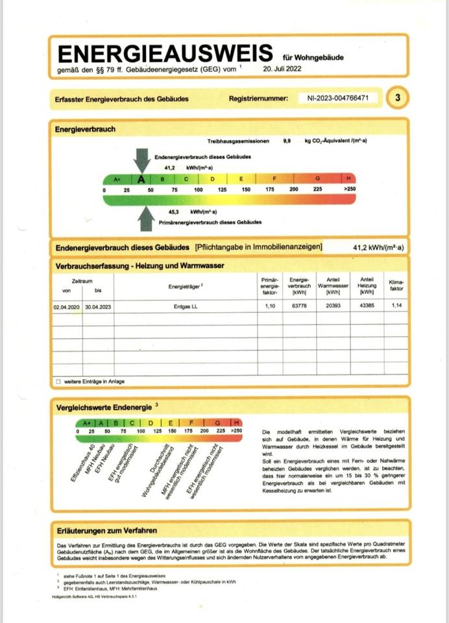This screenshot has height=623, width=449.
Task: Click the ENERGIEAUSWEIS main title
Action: pos(166,53)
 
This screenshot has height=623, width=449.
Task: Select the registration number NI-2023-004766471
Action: pos(338,98)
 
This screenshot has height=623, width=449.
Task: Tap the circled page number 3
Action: pos(397,98)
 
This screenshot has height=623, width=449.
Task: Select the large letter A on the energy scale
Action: pos(141,179)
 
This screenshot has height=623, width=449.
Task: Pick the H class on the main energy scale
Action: pos(349,178)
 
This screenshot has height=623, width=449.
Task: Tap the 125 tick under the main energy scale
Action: pos(222,189)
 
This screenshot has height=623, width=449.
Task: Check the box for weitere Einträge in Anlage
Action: pos(58,382)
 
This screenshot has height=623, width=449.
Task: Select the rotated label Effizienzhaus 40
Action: pos(83,463)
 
